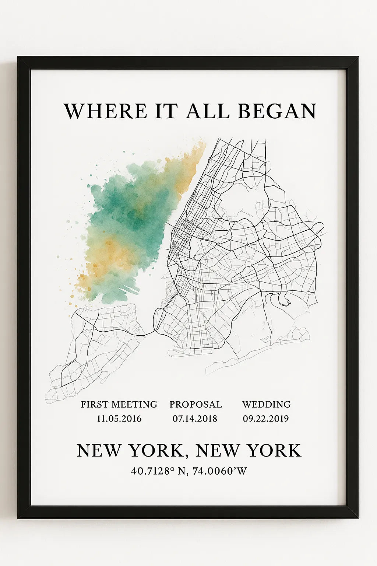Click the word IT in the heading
point(166,111)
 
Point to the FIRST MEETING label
point(119,404)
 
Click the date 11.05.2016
point(119,419)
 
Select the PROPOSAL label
point(195,404)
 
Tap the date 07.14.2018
point(195,419)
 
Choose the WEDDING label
point(266,404)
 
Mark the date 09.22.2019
point(265,419)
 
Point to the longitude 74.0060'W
point(220,471)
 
